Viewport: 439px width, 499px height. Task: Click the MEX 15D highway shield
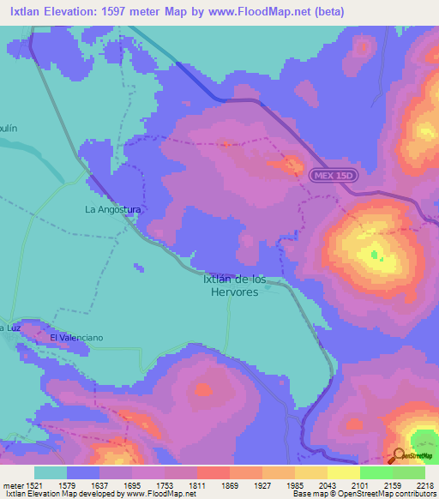(331, 174)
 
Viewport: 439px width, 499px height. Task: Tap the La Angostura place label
(112, 208)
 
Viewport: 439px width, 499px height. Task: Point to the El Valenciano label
(76, 338)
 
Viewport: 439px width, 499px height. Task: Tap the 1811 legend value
(196, 485)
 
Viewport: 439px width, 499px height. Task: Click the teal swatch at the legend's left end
(51, 472)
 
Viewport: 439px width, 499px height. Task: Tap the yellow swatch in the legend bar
(343, 472)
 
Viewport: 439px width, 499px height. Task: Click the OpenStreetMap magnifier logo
(399, 456)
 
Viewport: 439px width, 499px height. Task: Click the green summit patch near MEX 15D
(375, 254)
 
